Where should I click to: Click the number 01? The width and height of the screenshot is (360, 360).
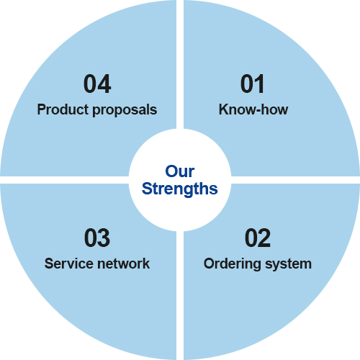pyautogui.click(x=252, y=84)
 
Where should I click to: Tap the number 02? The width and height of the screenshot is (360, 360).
pyautogui.click(x=258, y=238)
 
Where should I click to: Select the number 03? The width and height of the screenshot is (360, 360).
pyautogui.click(x=97, y=238)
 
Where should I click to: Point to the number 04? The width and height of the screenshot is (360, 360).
pyautogui.click(x=97, y=84)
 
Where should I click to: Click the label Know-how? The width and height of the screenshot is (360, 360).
pyautogui.click(x=253, y=109)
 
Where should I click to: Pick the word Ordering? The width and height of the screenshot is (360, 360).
pyautogui.click(x=233, y=264)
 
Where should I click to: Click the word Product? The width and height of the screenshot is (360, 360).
pyautogui.click(x=63, y=109)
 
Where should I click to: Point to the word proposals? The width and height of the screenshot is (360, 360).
pyautogui.click(x=125, y=110)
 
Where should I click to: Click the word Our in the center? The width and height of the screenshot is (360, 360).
pyautogui.click(x=180, y=171)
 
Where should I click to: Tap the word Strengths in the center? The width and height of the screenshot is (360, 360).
pyautogui.click(x=180, y=189)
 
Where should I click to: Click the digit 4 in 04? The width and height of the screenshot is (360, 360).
pyautogui.click(x=104, y=84)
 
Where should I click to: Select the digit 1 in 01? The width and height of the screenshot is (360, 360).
pyautogui.click(x=259, y=84)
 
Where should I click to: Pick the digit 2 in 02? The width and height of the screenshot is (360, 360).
pyautogui.click(x=264, y=238)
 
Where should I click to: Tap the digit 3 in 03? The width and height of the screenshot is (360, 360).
pyautogui.click(x=104, y=238)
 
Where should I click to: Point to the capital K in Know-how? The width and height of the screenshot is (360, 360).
pyautogui.click(x=224, y=109)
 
